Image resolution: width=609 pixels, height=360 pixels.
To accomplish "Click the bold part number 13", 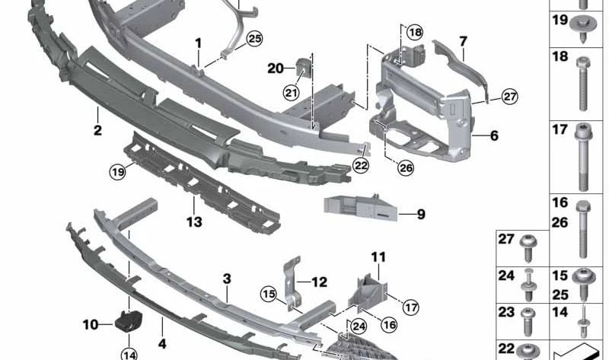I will point(194,222).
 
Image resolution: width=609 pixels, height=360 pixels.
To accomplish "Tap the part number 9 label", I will point(421,214).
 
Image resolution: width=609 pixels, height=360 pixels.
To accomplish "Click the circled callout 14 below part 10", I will point(129,353).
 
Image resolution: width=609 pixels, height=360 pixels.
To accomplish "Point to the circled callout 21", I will point(291,93).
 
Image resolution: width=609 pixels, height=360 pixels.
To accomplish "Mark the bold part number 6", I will point(494,136).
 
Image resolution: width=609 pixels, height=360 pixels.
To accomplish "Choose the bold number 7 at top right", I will point(463,39).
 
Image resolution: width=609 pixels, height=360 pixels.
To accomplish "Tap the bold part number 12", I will point(319,282).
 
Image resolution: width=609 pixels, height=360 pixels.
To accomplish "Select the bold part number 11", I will point(379,257).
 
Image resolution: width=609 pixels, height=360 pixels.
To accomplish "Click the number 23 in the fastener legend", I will point(506,312).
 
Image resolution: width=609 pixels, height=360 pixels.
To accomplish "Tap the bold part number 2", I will point(97,131).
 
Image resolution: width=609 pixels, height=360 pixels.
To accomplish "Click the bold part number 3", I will point(227,279).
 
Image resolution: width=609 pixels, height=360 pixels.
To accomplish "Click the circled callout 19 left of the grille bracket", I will point(116,172).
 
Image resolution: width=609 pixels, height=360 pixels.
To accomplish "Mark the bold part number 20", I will point(276,68).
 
